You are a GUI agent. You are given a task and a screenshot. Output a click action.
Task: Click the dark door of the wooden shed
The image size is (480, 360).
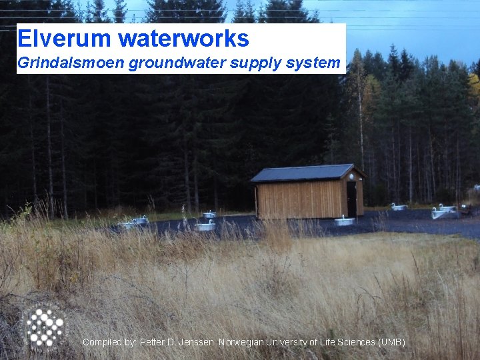351,198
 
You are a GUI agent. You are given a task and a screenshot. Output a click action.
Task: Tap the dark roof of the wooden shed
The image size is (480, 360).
303,173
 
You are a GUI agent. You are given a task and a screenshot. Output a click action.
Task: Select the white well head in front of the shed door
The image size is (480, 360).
345,221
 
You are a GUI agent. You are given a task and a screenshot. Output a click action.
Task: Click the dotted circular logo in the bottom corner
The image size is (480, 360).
44,326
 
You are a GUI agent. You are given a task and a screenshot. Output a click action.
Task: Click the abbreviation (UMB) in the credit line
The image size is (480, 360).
391,342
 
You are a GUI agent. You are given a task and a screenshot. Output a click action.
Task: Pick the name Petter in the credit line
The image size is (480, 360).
152,342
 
